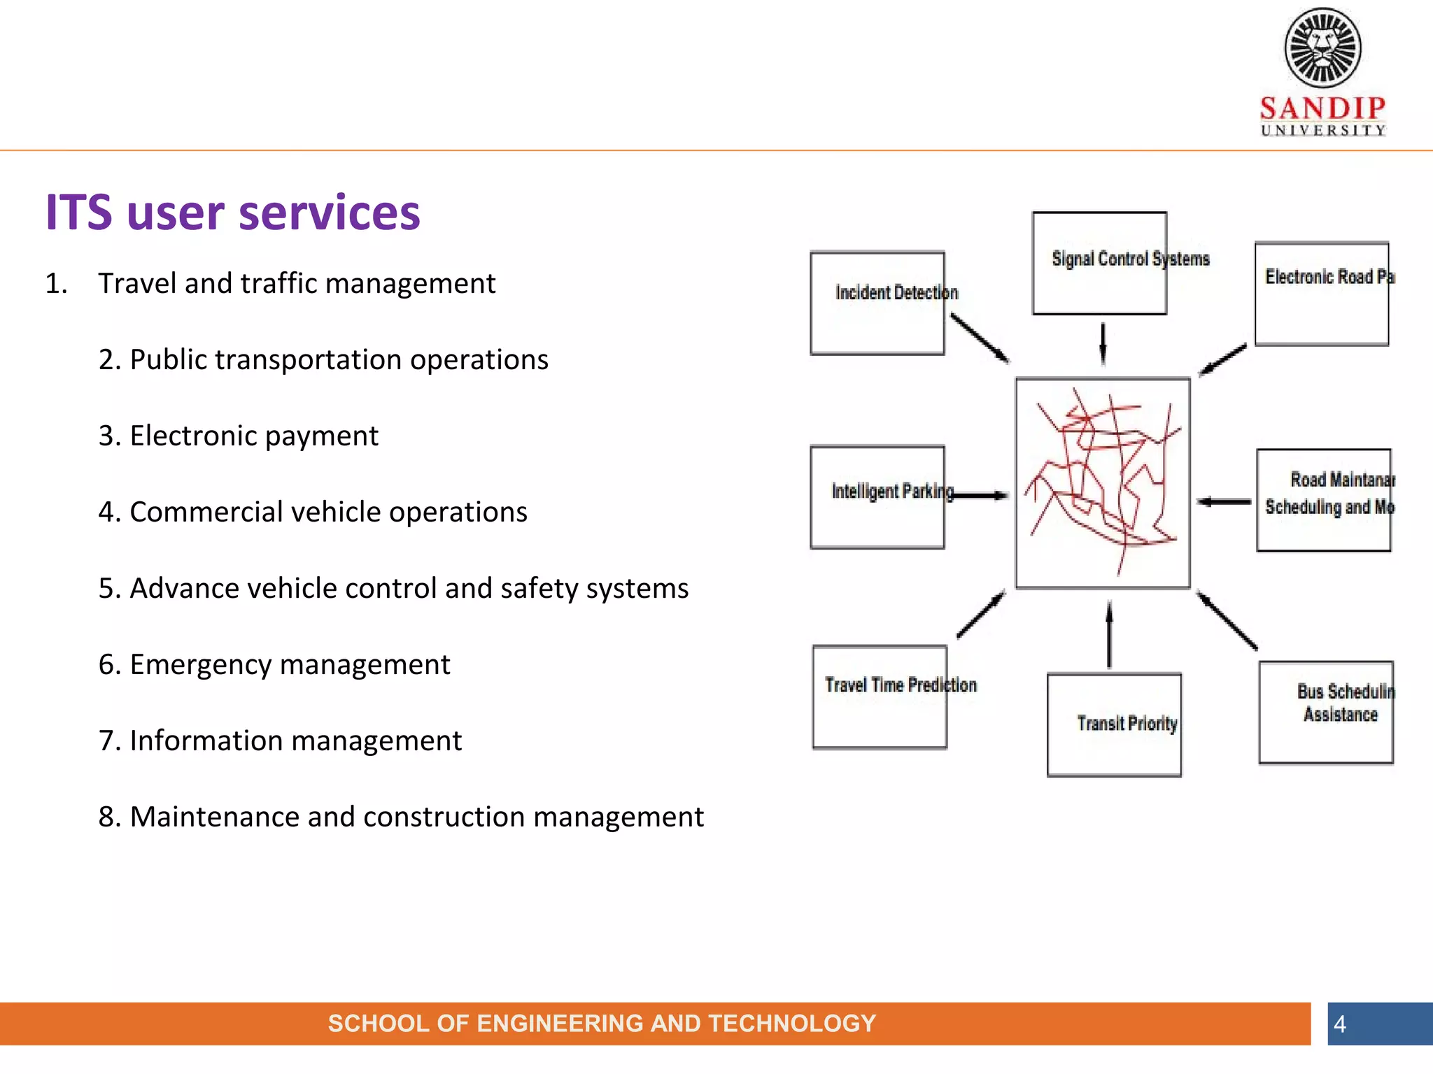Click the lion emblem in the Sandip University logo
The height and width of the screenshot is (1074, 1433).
(1322, 48)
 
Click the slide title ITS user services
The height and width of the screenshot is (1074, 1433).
(232, 213)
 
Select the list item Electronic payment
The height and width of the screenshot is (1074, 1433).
(238, 436)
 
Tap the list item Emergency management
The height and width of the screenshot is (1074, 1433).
(274, 664)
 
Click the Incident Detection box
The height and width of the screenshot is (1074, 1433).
(877, 303)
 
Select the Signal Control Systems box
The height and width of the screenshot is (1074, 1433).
(1099, 264)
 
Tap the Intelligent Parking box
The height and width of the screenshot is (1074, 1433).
(877, 497)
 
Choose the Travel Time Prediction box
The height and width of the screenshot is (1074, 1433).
(880, 697)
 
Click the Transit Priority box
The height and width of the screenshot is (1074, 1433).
(1114, 725)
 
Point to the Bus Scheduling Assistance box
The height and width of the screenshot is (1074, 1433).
(1326, 713)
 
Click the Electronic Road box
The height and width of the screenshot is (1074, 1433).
(1321, 294)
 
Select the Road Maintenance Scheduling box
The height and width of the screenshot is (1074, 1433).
(1323, 500)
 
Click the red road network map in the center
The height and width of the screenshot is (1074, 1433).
(1103, 483)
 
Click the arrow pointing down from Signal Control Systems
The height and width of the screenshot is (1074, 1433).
(1103, 344)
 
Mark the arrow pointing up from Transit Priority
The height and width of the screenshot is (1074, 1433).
(1109, 635)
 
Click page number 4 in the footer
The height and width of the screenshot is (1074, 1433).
(1339, 1024)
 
